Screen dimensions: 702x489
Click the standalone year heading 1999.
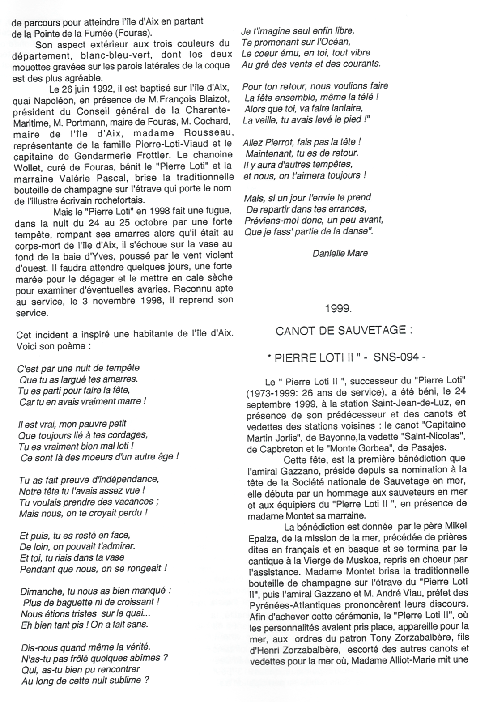[339, 308]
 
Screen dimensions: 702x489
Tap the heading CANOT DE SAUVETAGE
[343, 331]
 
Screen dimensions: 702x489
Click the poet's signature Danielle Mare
[340, 253]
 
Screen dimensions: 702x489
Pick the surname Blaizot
[213, 99]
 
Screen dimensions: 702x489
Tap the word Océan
[332, 42]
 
